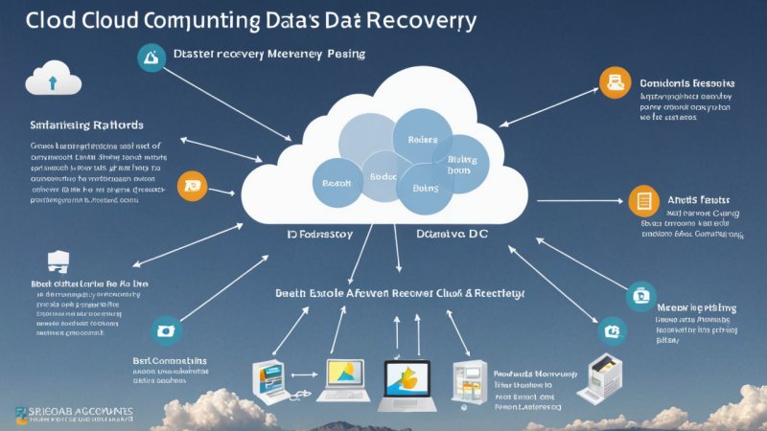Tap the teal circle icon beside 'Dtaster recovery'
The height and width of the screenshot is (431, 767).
[x=151, y=57]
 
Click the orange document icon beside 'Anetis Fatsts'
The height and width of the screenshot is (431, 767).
[x=643, y=200]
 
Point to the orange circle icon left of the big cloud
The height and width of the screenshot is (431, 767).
[x=193, y=184]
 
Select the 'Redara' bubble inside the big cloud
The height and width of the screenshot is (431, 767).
[x=423, y=139]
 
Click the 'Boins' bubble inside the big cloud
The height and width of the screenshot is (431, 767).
[x=425, y=188]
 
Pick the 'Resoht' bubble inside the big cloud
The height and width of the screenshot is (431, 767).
[x=337, y=182]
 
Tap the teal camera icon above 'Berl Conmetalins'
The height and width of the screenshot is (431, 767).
[x=165, y=330]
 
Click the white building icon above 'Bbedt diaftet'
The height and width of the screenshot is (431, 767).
[x=58, y=261]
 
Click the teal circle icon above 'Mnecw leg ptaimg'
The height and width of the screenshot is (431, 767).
[x=640, y=295]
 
